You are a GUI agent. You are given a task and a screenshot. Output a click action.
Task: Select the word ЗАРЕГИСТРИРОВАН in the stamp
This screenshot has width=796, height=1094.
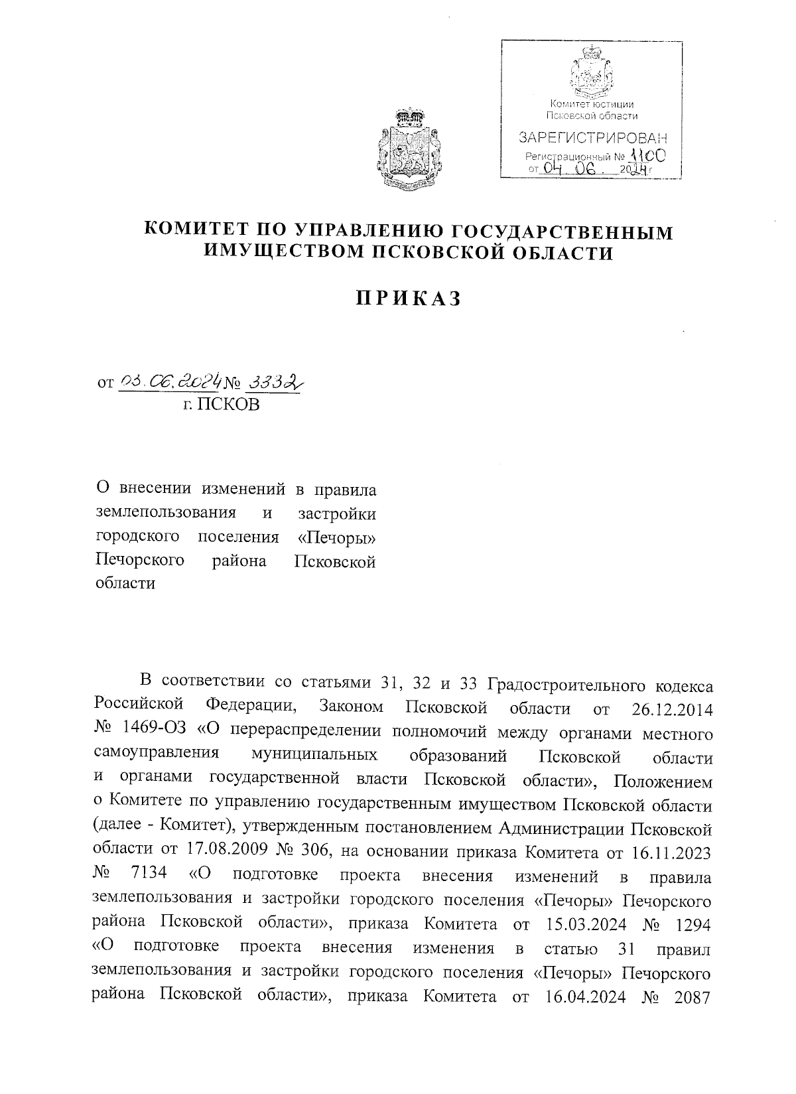[x=593, y=139]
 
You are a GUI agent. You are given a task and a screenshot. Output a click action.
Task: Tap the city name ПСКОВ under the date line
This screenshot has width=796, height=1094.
[x=222, y=404]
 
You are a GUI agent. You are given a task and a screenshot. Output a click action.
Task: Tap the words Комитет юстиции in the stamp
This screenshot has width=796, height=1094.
[x=592, y=105]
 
